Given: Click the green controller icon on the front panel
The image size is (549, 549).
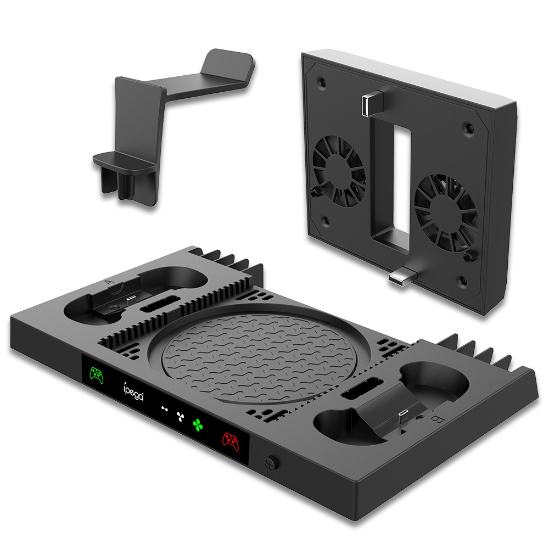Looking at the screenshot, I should tap(97, 376).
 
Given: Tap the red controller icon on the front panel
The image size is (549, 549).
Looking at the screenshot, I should tap(229, 439).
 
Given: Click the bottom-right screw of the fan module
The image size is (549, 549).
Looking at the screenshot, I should tap(474, 287).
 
